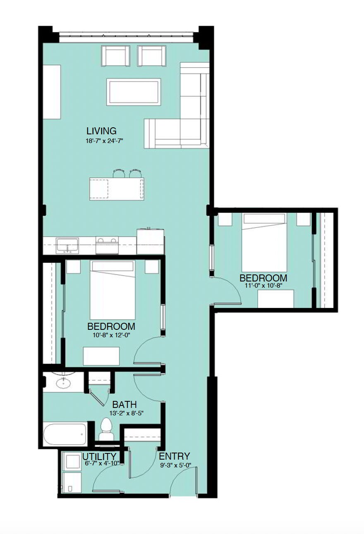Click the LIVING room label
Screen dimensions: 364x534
pyautogui.click(x=101, y=131)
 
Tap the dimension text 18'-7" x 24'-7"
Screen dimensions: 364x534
pyautogui.click(x=104, y=141)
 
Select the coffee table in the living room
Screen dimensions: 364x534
pyautogui.click(x=134, y=92)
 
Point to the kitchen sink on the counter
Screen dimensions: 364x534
pyautogui.click(x=67, y=246)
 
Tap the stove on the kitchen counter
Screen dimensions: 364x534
pyautogui.click(x=107, y=245)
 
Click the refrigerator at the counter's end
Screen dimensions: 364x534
pyautogui.click(x=151, y=241)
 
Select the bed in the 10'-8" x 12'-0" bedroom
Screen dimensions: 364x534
pyautogui.click(x=113, y=290)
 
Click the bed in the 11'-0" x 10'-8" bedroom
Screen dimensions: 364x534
pyautogui.click(x=264, y=243)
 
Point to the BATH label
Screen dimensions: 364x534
pyautogui.click(x=124, y=404)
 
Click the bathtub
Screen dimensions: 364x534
pyautogui.click(x=65, y=434)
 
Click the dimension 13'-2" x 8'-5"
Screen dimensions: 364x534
pyautogui.click(x=126, y=413)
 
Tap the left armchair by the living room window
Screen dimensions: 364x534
pyautogui.click(x=115, y=56)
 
